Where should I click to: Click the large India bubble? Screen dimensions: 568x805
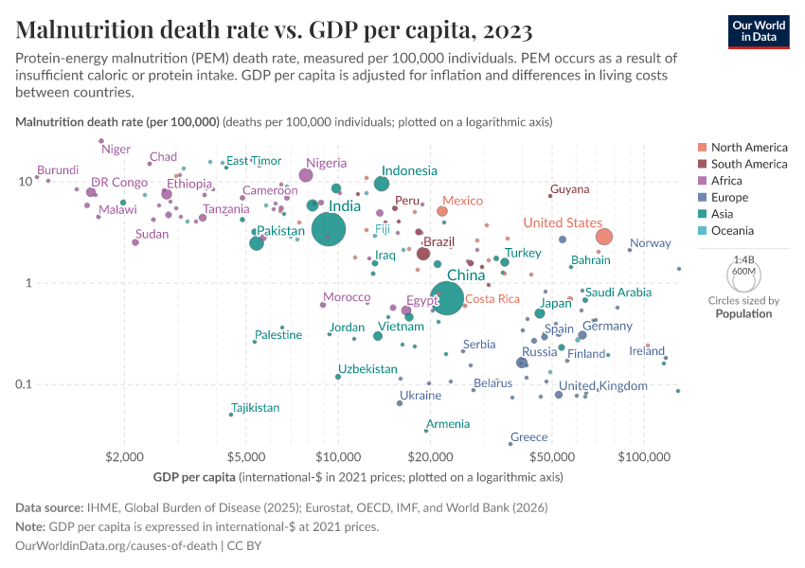point(328,228)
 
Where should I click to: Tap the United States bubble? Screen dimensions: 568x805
point(603,237)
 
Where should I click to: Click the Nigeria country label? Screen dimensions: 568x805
point(326,163)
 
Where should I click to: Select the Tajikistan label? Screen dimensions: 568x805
point(256,408)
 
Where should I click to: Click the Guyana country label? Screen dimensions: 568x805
point(569,189)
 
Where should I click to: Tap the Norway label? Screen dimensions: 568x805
point(650,243)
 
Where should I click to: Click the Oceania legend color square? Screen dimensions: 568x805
point(701,231)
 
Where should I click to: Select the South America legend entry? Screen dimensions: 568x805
point(749,164)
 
